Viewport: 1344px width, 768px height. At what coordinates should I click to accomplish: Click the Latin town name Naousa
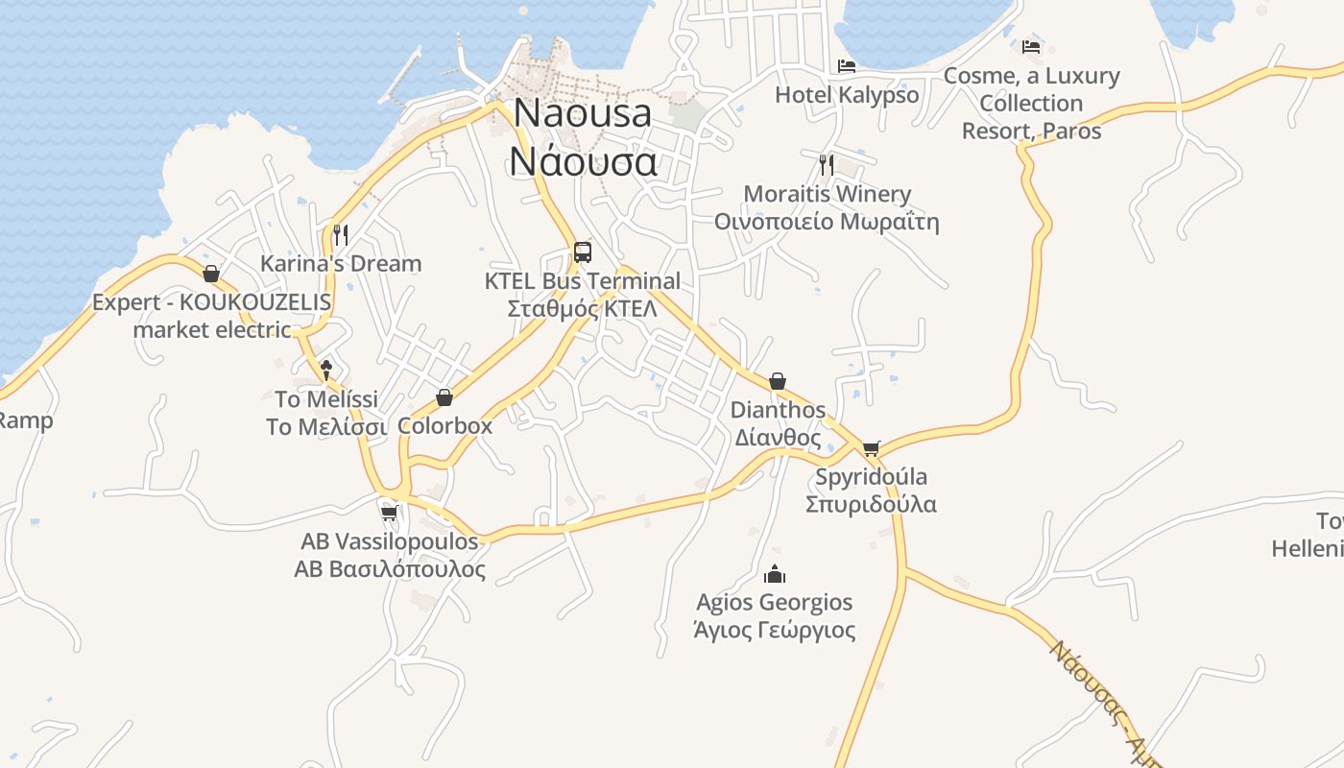pos(583,112)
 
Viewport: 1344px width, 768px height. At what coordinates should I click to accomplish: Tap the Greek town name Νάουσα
pos(583,160)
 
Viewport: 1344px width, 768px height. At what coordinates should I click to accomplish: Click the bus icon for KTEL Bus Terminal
pos(583,252)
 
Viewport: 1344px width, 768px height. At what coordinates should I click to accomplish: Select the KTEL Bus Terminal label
pos(583,281)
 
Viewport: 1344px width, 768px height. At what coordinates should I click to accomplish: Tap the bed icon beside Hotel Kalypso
pos(847,66)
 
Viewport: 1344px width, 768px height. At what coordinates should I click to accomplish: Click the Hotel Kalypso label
pos(847,95)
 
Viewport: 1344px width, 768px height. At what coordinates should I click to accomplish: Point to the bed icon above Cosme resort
pos(1031,46)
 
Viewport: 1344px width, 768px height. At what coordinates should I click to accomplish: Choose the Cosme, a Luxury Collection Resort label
pos(1031,103)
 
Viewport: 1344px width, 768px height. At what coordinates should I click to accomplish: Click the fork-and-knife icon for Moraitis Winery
pos(827,163)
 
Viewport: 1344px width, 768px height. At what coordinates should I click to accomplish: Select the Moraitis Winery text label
pos(827,194)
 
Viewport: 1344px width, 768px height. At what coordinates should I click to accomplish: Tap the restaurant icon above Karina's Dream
pos(341,234)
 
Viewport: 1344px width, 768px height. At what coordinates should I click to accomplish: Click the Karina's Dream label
pos(341,263)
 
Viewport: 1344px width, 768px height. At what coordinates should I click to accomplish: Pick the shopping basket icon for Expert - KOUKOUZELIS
pos(211,275)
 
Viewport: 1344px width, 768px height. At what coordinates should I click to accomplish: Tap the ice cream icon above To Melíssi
pos(326,370)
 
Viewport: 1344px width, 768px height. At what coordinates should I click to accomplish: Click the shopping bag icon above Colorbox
pos(444,397)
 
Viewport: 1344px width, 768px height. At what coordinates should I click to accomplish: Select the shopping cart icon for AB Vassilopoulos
pos(389,513)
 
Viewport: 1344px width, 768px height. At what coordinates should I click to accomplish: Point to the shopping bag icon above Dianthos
pos(778,381)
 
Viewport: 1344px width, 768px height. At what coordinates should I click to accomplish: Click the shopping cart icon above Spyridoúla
pos(871,448)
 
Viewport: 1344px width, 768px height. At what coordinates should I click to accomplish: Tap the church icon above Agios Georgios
pos(774,574)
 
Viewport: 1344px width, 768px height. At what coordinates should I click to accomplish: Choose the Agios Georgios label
pos(774,603)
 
